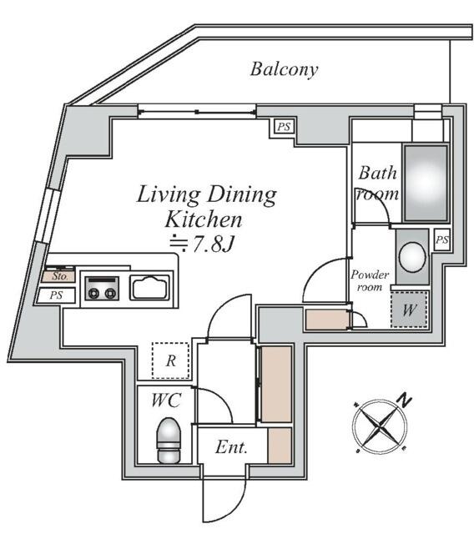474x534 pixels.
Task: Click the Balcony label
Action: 284,70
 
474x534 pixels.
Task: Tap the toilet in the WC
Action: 169,440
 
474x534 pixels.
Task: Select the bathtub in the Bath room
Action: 426,184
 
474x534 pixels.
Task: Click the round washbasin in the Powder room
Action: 412,257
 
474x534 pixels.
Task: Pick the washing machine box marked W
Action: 409,310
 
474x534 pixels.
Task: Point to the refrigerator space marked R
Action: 170,360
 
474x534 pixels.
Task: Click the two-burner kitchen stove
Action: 102,288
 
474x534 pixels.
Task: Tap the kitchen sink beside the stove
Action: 149,287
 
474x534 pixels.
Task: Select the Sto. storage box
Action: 58,276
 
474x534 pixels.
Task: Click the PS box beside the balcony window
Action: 284,127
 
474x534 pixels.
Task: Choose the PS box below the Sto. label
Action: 56,295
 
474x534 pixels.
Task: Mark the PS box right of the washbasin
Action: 442,240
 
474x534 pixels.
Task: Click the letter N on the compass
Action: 404,400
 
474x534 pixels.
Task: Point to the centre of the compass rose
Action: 380,426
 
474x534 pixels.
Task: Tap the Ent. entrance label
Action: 231,447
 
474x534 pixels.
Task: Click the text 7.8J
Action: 213,244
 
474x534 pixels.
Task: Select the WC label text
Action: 166,400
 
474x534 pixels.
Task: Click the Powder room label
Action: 370,280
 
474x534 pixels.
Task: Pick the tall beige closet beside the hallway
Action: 276,384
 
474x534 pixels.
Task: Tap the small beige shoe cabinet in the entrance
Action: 280,446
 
